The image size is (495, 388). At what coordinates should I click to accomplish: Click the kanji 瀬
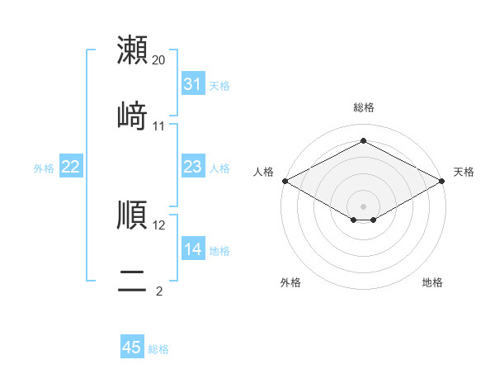coord(133,50)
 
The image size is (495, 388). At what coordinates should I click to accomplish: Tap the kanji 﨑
coord(133,116)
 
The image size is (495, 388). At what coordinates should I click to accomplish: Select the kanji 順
coord(133,215)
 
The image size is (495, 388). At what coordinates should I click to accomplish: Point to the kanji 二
coord(133,281)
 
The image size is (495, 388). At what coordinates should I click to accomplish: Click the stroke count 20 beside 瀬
coord(159,60)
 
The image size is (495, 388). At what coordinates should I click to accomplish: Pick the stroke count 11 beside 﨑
coord(159,126)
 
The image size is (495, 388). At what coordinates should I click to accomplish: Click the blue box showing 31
coord(193,84)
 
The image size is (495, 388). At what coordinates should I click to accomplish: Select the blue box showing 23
coord(193,168)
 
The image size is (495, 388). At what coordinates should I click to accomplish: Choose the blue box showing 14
coord(193,249)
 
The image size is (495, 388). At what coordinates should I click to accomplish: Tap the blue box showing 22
coord(71,168)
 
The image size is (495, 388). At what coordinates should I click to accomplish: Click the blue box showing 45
coord(132,348)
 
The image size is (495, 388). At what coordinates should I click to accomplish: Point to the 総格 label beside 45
coord(158,349)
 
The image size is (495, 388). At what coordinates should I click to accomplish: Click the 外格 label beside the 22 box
coord(44,168)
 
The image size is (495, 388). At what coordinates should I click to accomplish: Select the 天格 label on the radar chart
coord(464,172)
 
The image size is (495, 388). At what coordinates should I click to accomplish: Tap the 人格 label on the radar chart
coord(263,172)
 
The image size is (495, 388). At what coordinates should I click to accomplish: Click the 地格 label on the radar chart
coord(432,282)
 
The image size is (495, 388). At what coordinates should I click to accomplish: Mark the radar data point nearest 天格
coord(443,181)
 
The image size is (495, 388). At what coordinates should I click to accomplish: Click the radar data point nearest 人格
coord(285,181)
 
